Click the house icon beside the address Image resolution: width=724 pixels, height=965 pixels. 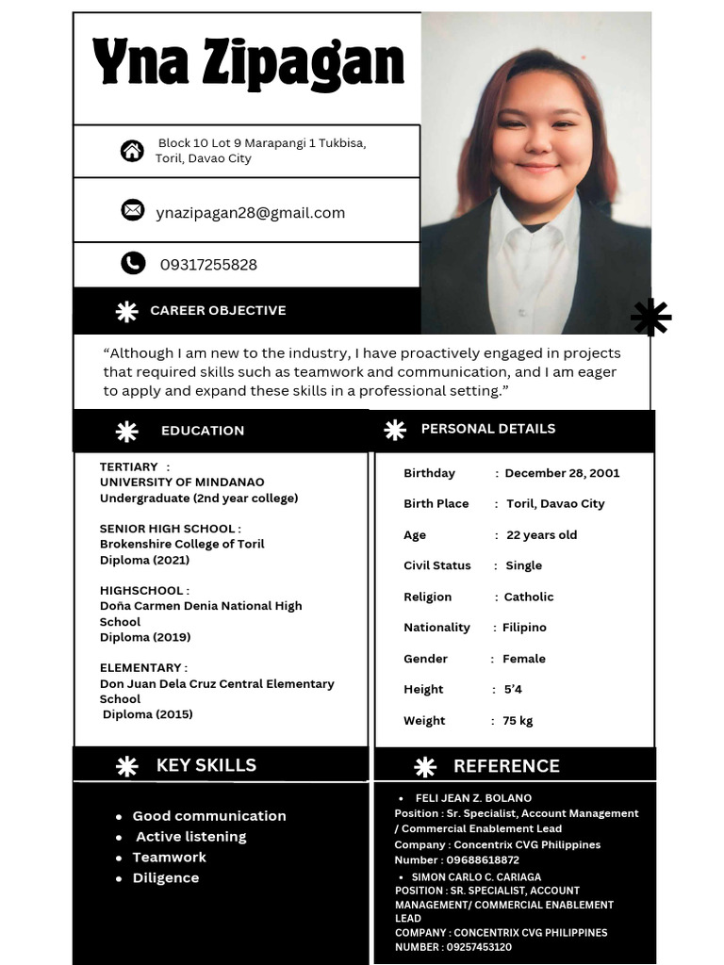(132, 151)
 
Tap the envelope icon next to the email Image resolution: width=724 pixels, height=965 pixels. (133, 210)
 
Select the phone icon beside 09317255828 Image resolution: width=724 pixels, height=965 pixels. (133, 264)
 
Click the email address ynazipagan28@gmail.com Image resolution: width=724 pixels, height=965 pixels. (251, 213)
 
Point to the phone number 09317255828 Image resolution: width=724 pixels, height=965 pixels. (208, 265)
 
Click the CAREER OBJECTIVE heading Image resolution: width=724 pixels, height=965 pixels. (218, 310)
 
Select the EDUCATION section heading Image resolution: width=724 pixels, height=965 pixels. (203, 431)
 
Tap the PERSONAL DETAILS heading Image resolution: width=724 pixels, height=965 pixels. (488, 429)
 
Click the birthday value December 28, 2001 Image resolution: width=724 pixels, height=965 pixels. (562, 473)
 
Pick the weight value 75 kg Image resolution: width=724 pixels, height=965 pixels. (518, 721)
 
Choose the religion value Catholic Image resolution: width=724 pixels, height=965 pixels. (529, 597)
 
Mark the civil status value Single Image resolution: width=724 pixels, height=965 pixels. (524, 565)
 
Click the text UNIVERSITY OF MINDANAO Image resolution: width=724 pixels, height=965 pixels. (182, 482)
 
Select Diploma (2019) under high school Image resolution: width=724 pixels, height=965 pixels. (145, 637)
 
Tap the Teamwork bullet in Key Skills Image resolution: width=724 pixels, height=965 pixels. (169, 858)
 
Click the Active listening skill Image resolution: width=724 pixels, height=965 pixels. (190, 837)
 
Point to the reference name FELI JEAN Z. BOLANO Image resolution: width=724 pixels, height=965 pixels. (473, 798)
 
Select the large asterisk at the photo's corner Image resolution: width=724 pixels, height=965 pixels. (650, 318)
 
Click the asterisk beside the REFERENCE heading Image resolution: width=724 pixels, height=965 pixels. (425, 767)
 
